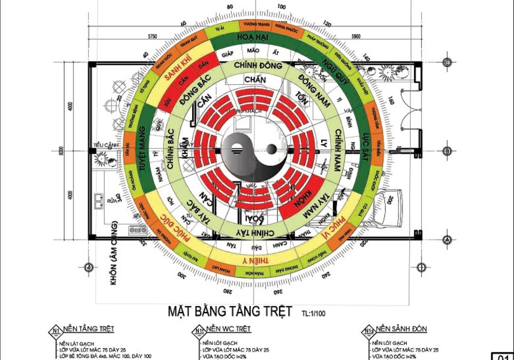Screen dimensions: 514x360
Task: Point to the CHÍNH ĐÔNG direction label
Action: click(x=258, y=66)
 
